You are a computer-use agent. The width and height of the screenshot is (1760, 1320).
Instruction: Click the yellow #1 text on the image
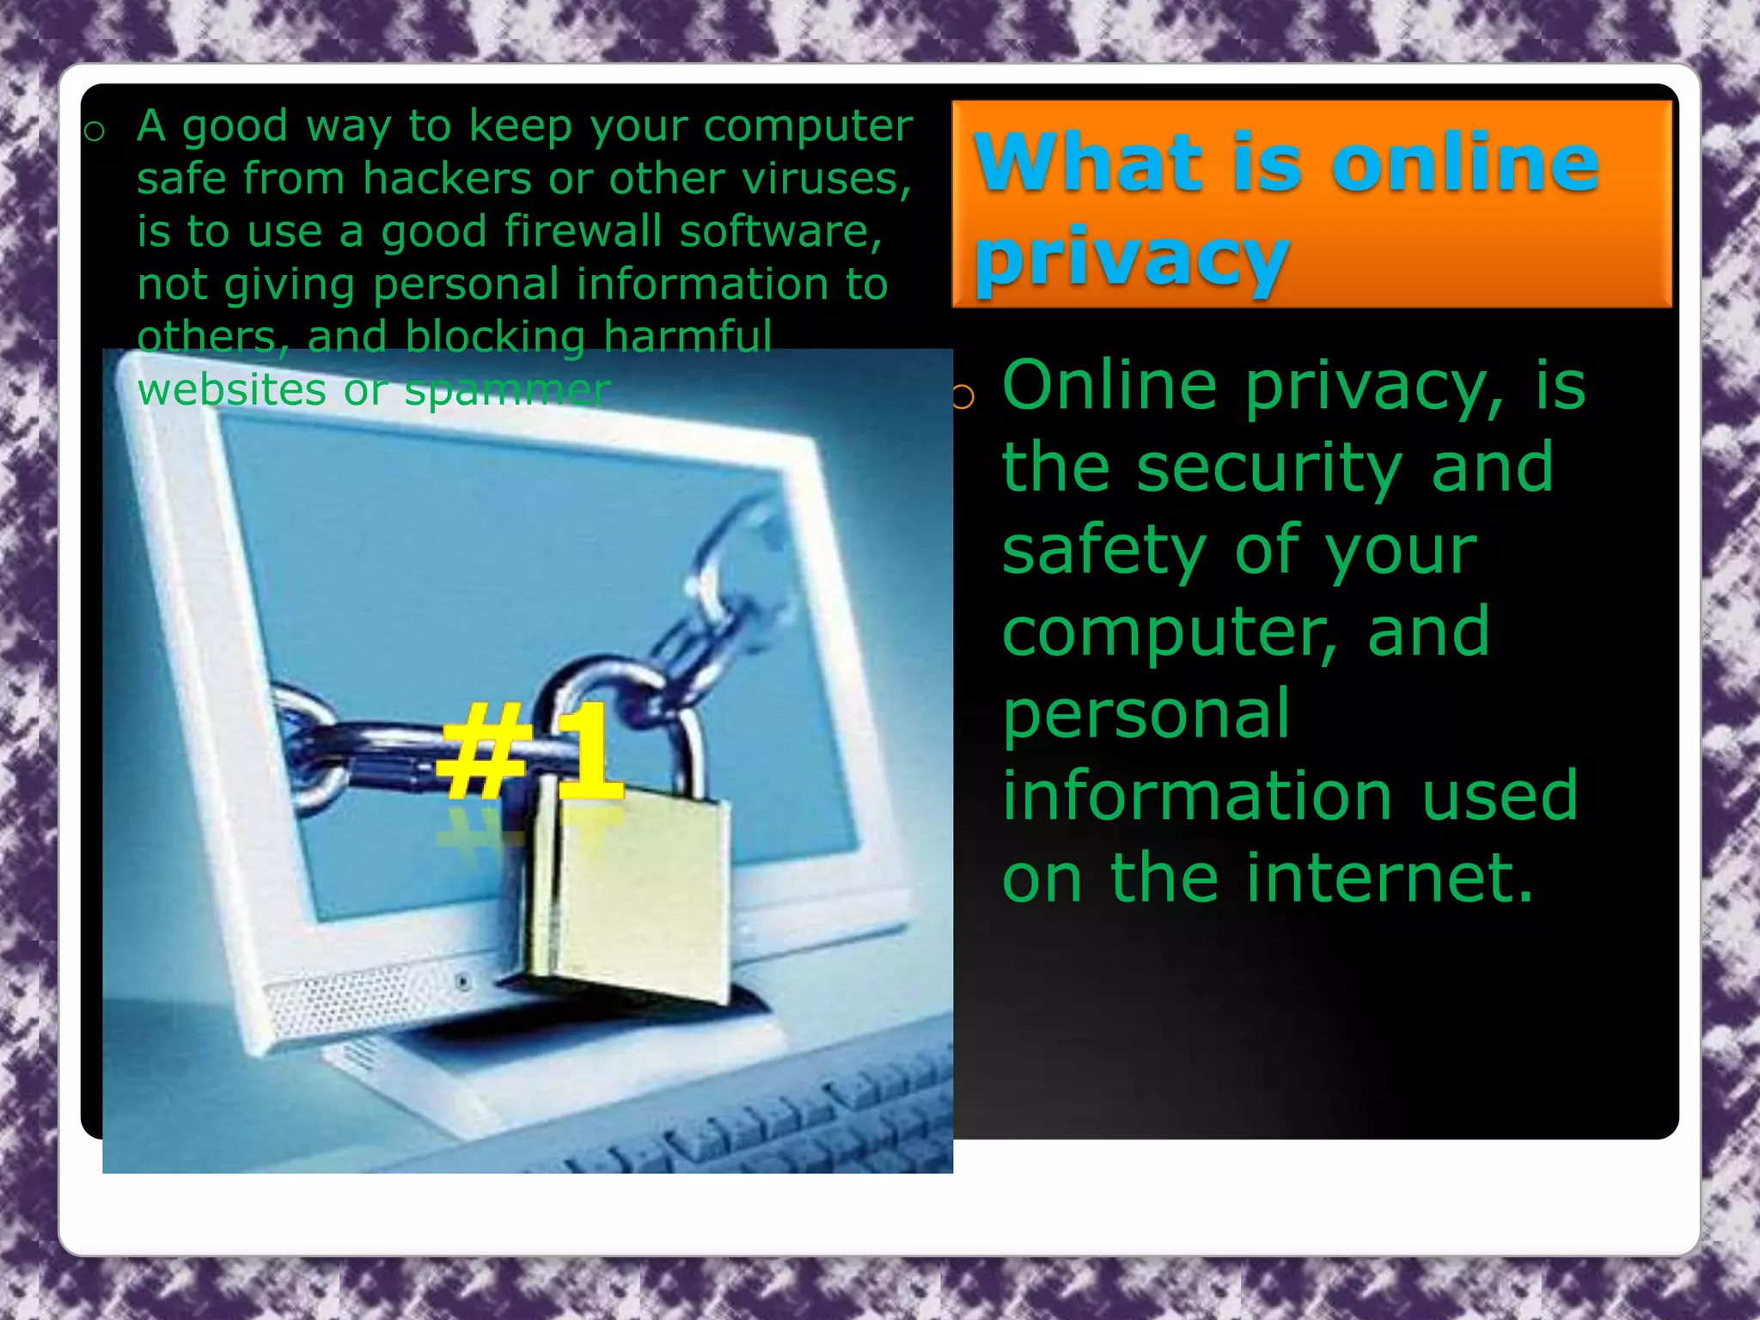click(529, 749)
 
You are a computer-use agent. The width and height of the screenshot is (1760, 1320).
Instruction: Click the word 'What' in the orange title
click(1086, 162)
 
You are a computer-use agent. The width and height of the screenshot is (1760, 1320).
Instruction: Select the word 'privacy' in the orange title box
click(1131, 258)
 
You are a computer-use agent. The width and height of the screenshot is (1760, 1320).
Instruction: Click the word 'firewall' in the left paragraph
click(582, 231)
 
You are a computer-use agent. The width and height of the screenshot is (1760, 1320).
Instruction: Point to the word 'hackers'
click(449, 179)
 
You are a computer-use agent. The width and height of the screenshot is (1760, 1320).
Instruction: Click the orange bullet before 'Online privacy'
click(963, 396)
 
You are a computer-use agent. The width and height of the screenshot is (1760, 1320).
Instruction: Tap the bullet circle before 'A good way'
click(95, 131)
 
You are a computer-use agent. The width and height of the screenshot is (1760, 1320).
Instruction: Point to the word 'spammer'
click(507, 390)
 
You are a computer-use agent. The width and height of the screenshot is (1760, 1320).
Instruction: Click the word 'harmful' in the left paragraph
click(687, 336)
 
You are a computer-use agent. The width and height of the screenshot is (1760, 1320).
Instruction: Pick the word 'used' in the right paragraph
click(1499, 796)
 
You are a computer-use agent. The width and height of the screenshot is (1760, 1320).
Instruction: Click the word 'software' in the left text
click(779, 231)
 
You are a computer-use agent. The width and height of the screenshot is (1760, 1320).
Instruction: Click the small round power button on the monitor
click(463, 981)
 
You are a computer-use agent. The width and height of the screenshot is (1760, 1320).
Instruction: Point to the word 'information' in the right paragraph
click(1197, 796)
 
